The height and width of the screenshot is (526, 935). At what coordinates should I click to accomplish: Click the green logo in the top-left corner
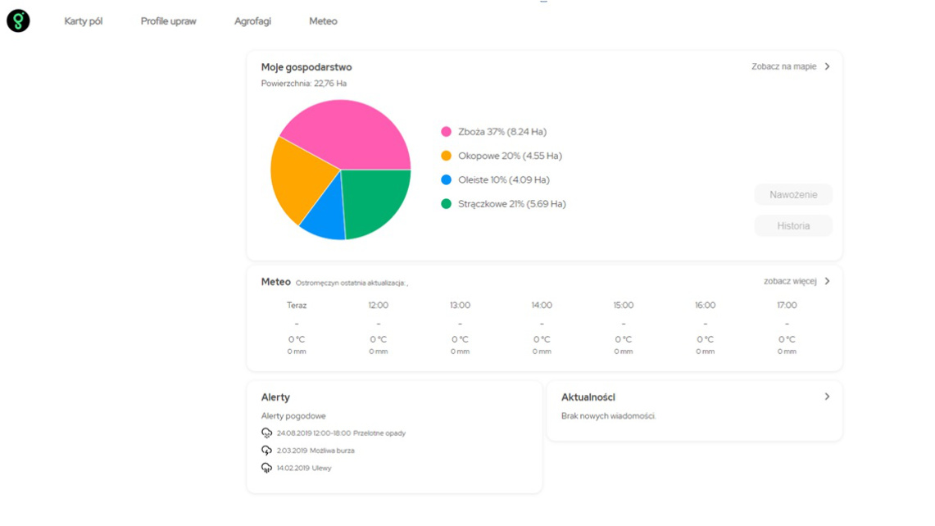tap(18, 21)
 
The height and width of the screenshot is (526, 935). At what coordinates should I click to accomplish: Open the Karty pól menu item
tap(84, 21)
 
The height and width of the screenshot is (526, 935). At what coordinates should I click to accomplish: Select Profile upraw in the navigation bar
tap(168, 21)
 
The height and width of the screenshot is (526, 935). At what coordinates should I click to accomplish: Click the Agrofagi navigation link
tap(252, 21)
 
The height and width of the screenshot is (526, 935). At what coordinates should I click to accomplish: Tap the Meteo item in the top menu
tap(323, 21)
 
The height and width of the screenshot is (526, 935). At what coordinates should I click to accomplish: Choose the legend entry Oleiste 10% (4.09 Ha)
tap(502, 180)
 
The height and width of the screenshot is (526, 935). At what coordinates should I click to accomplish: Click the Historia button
tap(792, 226)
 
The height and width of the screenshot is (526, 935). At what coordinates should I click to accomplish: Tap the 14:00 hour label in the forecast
tap(542, 305)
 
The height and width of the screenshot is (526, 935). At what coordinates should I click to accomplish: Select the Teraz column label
tap(297, 305)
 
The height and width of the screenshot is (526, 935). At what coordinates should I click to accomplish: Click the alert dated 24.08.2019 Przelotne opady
tap(340, 433)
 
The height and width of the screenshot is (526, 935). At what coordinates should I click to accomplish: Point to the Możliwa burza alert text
tap(332, 451)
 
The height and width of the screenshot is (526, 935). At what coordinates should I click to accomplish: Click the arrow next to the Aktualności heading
tap(827, 397)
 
